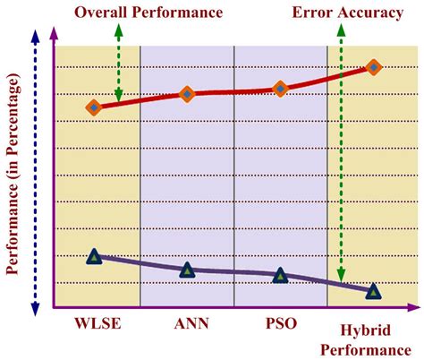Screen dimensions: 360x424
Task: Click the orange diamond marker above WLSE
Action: click(x=94, y=107)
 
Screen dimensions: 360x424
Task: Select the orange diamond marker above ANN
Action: click(x=187, y=94)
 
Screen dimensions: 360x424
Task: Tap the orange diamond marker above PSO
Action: click(x=280, y=89)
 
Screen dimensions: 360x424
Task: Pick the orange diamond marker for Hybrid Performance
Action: click(x=373, y=67)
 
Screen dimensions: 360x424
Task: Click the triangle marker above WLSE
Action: click(x=94, y=257)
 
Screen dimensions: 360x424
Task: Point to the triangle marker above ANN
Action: click(x=187, y=270)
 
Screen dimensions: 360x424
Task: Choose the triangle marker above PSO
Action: click(x=280, y=275)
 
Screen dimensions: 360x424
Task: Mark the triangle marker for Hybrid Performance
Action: click(x=373, y=290)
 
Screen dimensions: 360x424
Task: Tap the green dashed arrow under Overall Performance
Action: click(x=118, y=63)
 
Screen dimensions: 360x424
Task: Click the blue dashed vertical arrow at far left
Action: click(x=34, y=170)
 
